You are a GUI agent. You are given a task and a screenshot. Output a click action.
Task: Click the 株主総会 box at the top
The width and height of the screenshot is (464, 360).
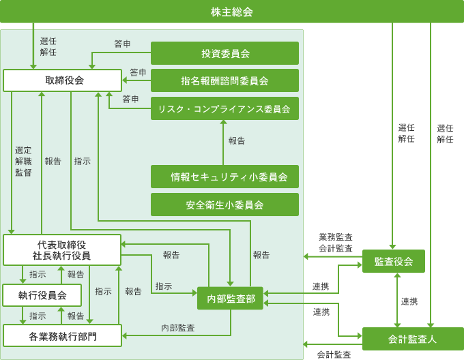[x=231, y=12]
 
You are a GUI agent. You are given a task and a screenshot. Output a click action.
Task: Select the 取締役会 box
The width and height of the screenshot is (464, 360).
[x=63, y=80]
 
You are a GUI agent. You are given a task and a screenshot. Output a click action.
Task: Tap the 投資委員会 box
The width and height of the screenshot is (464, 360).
[x=224, y=53]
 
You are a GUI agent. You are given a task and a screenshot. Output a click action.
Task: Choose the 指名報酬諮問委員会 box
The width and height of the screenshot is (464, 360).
[x=224, y=80]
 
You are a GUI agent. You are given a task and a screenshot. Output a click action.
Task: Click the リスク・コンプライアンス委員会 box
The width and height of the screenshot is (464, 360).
[x=224, y=108]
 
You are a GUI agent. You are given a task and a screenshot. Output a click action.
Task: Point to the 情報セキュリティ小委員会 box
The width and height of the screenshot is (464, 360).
[x=224, y=177]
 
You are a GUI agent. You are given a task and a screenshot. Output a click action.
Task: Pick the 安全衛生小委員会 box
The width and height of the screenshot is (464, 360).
[x=224, y=205]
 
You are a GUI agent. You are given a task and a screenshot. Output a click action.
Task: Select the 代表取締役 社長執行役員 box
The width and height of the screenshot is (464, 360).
[x=62, y=250]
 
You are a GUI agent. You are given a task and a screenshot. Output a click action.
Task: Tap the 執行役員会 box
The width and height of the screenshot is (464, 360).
[x=42, y=295]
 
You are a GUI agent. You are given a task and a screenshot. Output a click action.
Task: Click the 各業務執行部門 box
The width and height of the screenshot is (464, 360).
[x=62, y=336]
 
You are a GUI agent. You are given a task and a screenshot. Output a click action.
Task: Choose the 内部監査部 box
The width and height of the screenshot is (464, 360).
[x=230, y=298]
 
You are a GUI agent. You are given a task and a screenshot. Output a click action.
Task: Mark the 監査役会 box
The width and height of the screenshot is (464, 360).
[x=394, y=261]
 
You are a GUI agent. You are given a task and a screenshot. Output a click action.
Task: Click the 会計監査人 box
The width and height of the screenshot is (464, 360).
[x=412, y=338]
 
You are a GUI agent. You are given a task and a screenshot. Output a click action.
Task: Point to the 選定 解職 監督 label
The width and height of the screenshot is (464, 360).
[x=23, y=161]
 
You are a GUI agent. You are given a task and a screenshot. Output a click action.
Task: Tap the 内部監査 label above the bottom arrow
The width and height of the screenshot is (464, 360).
[x=178, y=328]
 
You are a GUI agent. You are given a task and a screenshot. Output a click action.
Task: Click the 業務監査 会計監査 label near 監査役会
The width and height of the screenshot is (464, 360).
[x=336, y=243]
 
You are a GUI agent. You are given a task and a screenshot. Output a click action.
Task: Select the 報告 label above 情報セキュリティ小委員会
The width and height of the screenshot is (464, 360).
[x=237, y=140]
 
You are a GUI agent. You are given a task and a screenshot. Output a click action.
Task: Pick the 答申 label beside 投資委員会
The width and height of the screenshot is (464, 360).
[x=123, y=44]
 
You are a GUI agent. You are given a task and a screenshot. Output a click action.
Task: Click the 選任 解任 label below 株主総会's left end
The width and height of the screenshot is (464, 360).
[x=48, y=46]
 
